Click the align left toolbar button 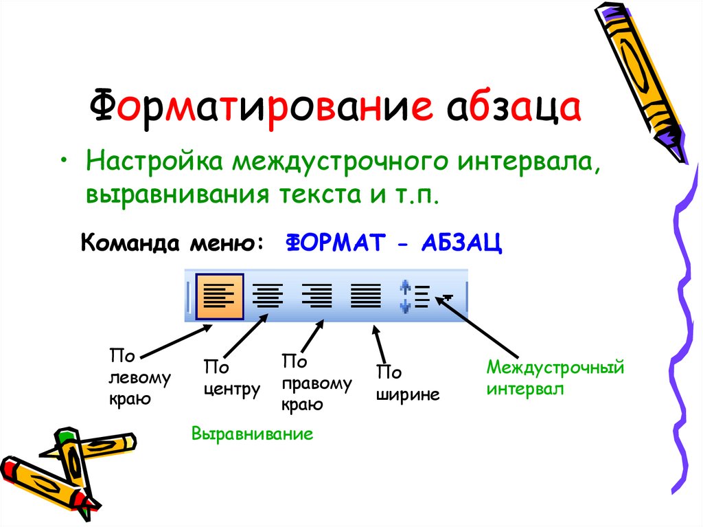(220, 297)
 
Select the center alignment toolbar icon (268, 297)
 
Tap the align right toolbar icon (316, 297)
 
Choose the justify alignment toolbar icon (365, 297)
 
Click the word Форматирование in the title (261, 110)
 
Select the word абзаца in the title (515, 110)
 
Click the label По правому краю (316, 382)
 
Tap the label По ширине (406, 384)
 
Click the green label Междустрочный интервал (555, 377)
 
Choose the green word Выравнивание (252, 434)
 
